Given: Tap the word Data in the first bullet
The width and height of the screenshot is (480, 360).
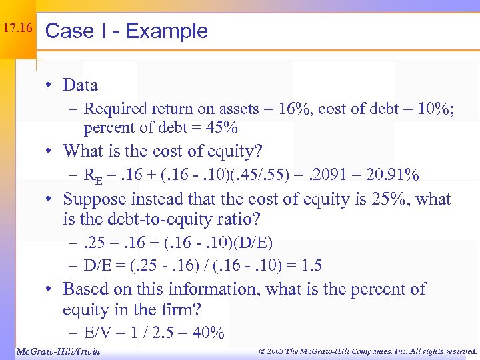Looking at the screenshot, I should click(80, 85).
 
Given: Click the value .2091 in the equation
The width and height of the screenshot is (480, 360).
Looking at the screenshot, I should click(323, 175).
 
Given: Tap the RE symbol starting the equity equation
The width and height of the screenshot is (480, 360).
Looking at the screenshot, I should click(93, 176).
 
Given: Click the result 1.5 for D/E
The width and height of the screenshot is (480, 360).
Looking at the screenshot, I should click(311, 265).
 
